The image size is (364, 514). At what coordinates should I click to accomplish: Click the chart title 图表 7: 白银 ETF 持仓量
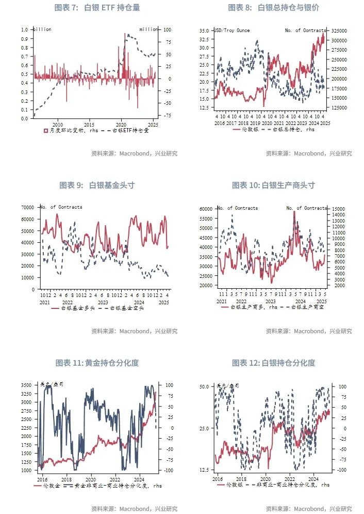pos(97,8)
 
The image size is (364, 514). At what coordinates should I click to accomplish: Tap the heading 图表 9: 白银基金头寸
pos(97,185)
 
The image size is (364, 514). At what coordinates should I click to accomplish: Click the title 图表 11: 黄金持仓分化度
pos(97,363)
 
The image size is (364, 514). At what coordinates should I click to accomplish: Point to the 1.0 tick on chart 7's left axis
pos(25,30)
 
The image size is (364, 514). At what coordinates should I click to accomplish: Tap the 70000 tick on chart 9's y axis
pos(27,207)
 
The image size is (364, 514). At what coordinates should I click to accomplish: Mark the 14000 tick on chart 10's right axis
pos(337,208)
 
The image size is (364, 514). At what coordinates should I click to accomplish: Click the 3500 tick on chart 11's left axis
pos(24,385)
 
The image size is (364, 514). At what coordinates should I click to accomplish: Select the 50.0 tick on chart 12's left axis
pos(204,386)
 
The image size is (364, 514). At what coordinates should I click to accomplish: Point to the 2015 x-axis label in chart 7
pos(89,124)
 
